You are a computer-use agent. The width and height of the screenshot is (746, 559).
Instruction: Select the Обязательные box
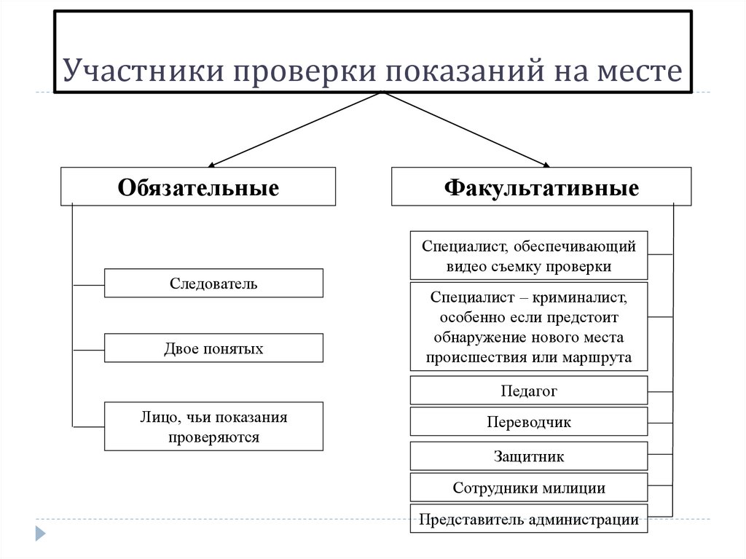click(198, 187)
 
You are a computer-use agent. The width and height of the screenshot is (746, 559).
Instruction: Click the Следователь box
click(213, 283)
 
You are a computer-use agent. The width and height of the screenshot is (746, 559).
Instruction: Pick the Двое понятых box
click(213, 348)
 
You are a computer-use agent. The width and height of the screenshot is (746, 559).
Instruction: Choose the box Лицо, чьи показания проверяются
click(213, 427)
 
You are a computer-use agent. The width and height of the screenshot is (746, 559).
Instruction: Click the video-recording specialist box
click(529, 256)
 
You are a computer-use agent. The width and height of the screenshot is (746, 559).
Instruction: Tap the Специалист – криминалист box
click(529, 327)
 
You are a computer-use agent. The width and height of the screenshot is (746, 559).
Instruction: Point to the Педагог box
click(529, 391)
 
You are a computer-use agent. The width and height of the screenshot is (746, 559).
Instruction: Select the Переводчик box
click(529, 422)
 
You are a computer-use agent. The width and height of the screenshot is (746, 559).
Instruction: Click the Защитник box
click(529, 456)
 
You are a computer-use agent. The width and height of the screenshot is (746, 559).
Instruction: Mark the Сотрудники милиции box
click(529, 488)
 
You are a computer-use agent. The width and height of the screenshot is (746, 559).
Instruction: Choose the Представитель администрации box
click(529, 520)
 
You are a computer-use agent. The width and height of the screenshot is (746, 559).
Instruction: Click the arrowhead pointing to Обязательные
click(212, 163)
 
